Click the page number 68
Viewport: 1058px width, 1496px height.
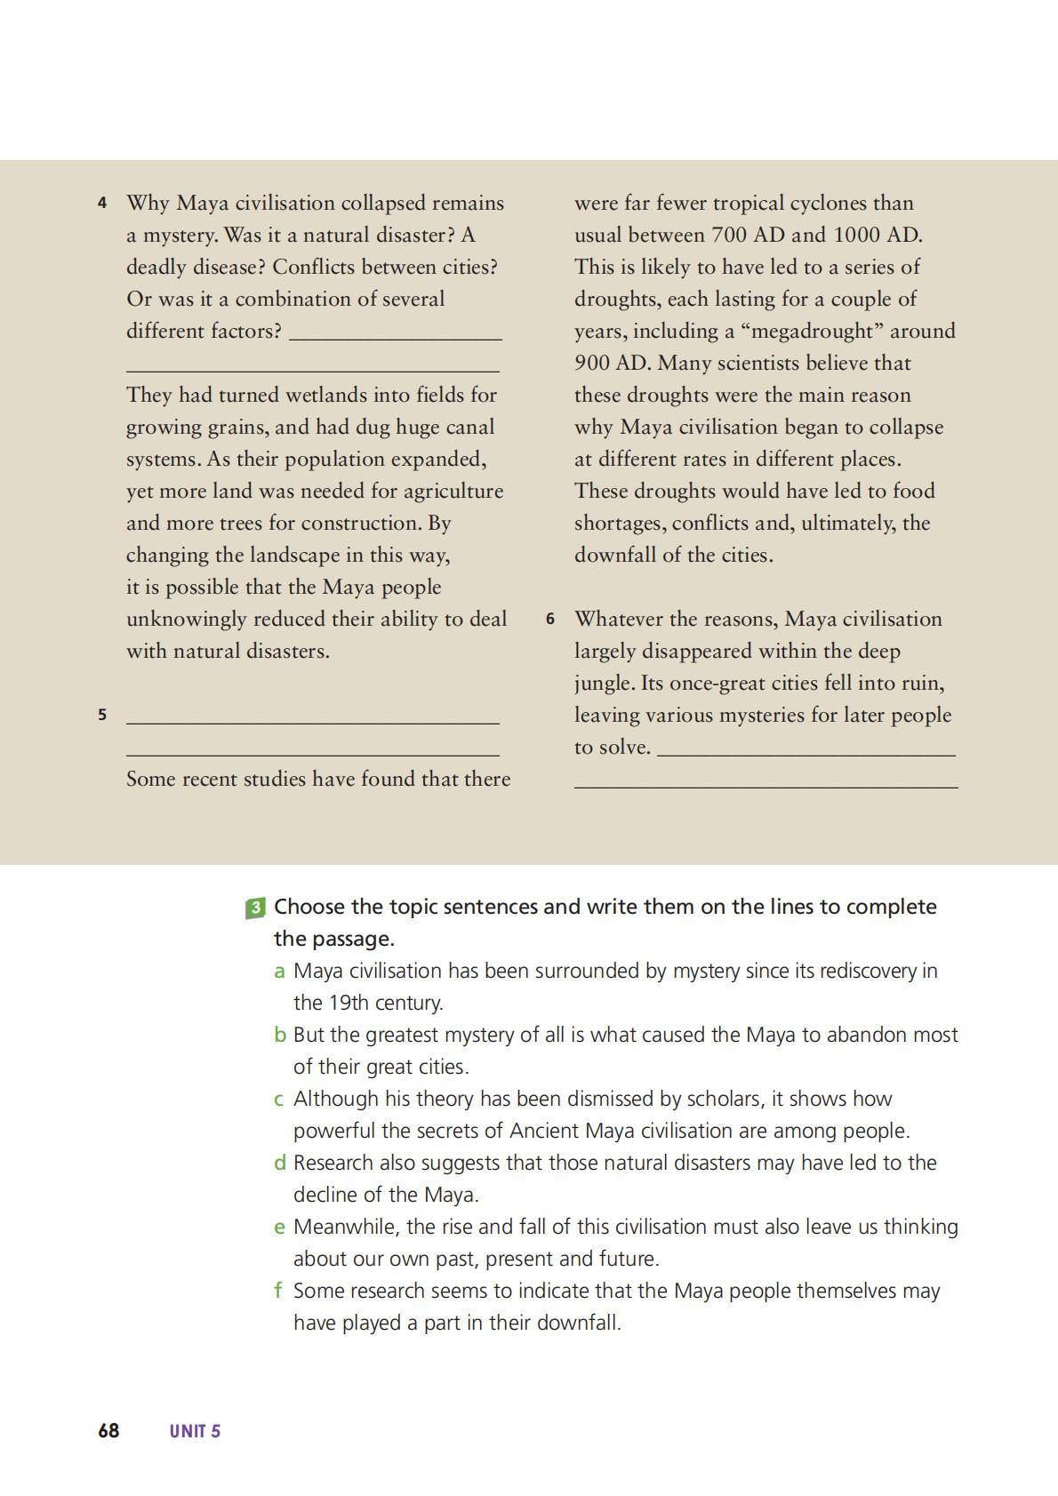pos(108,1430)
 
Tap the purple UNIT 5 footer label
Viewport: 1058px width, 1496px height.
pos(195,1431)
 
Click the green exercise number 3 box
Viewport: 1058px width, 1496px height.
pos(255,908)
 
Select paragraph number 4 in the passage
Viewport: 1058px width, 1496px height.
pos(102,204)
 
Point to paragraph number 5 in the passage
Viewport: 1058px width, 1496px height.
pos(102,715)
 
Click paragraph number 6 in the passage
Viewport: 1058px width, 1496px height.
pos(550,619)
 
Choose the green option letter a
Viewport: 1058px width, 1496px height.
pos(279,972)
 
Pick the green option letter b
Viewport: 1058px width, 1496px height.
pos(280,1035)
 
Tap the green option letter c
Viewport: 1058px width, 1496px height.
pos(279,1100)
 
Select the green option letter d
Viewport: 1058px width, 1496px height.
pos(280,1163)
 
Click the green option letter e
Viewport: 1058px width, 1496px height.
pos(280,1228)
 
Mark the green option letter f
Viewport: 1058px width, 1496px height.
pos(278,1291)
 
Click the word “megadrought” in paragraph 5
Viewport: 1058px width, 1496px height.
pos(812,331)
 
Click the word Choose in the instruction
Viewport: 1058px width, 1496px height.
pos(309,907)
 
